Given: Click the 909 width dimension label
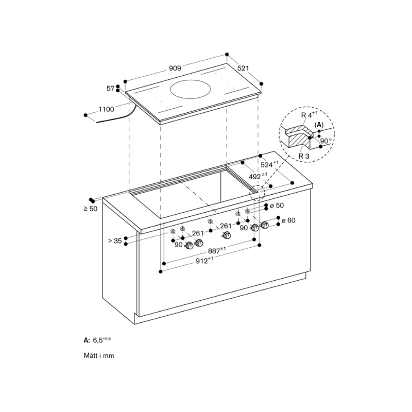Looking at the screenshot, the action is click(x=175, y=68).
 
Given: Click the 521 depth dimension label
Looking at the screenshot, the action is click(x=243, y=68).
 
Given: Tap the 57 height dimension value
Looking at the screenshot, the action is click(x=110, y=89).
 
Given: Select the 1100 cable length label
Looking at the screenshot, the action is click(x=107, y=109).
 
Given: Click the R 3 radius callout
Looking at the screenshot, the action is click(x=304, y=156).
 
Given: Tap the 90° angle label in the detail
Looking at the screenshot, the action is click(x=326, y=141).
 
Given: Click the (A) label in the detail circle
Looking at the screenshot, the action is click(x=319, y=125).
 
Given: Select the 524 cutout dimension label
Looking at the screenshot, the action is click(x=269, y=164).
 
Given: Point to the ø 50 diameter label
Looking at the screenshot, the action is click(x=277, y=205).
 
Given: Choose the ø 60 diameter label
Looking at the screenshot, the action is click(x=288, y=220).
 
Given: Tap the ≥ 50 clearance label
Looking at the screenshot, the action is click(x=91, y=209).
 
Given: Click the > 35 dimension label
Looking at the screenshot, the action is click(x=115, y=241).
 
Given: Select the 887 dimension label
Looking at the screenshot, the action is click(x=217, y=250).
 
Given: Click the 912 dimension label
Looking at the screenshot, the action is click(x=204, y=261).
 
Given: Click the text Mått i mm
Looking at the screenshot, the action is click(x=99, y=356).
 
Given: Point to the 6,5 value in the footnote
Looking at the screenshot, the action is click(x=98, y=340).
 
